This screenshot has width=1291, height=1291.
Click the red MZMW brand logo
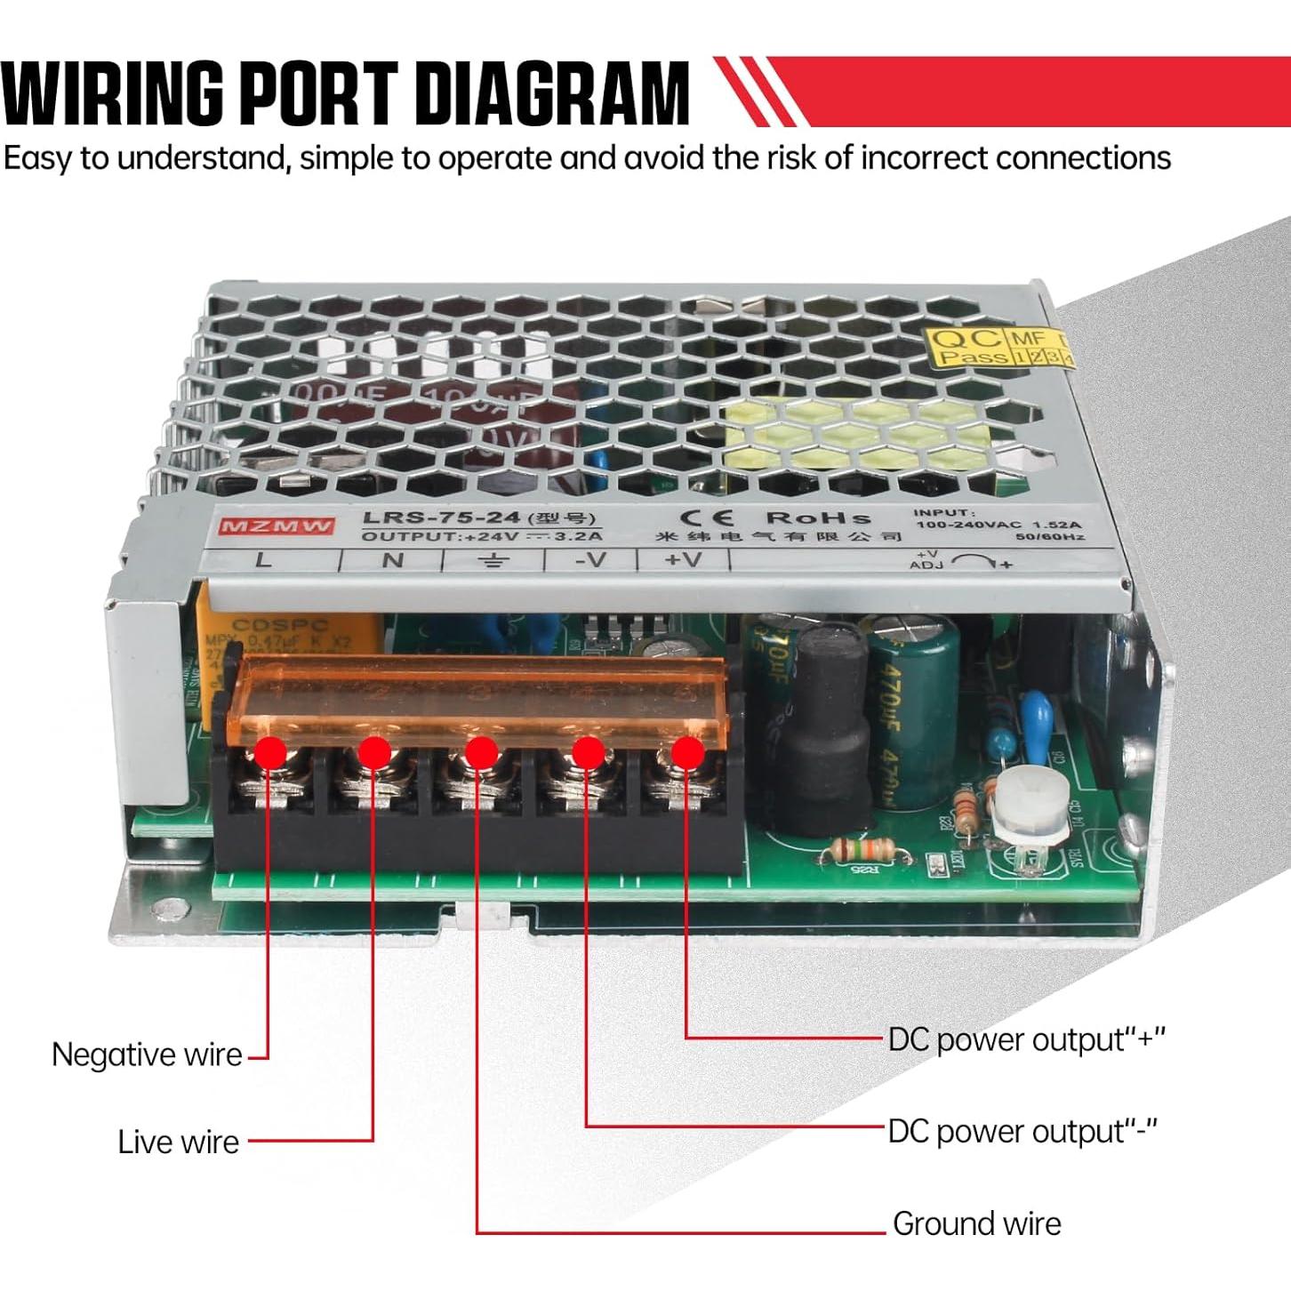(x=277, y=526)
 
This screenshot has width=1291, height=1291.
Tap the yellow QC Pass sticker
(x=998, y=347)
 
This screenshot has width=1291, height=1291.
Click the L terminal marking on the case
(x=263, y=560)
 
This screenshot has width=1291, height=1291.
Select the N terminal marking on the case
(x=393, y=560)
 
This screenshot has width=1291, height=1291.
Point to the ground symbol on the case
(x=493, y=560)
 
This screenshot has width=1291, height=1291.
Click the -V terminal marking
(x=589, y=560)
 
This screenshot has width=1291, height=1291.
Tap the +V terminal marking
(x=683, y=560)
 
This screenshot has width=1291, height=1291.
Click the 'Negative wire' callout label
(x=147, y=1055)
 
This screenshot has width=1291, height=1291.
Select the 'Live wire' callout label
(x=179, y=1143)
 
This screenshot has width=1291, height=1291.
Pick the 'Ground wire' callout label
(x=976, y=1224)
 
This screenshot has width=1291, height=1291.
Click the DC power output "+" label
(x=1026, y=1039)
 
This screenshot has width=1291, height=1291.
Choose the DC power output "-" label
(x=1022, y=1132)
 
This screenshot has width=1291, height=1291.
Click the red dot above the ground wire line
(x=480, y=753)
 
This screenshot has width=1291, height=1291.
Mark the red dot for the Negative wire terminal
(x=270, y=753)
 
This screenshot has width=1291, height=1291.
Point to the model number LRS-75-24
(x=442, y=518)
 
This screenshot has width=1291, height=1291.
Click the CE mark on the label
(x=707, y=517)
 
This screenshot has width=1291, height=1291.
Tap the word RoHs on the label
(x=818, y=517)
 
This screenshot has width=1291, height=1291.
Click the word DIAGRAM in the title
(x=552, y=92)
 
